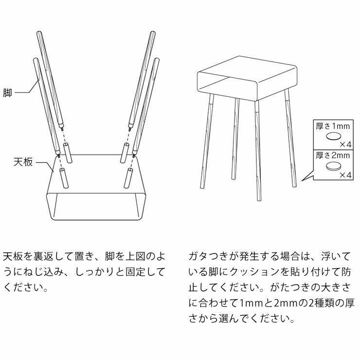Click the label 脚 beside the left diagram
[x=7, y=92]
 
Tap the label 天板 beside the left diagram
[x=23, y=162]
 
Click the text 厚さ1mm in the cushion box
[x=333, y=126]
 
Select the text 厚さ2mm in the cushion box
[x=333, y=156]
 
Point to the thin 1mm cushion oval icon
[x=333, y=137]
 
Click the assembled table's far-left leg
[x=206, y=141]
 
